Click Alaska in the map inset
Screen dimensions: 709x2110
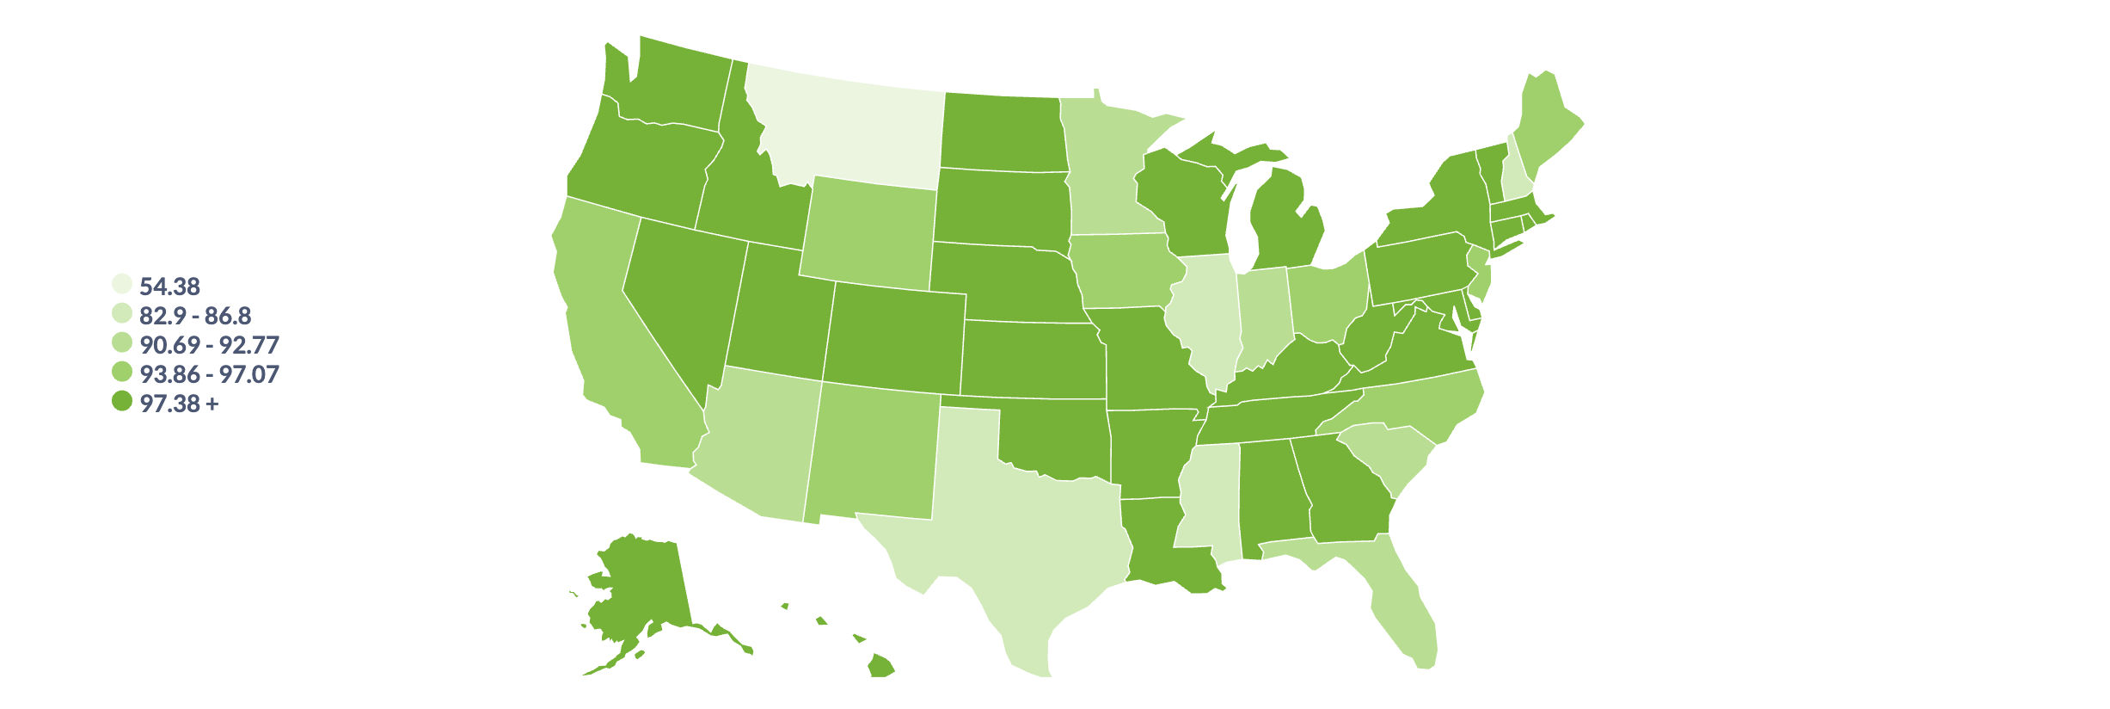pyautogui.click(x=645, y=594)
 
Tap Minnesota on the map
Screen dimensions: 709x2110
pyautogui.click(x=1105, y=181)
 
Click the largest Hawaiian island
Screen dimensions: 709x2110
pyautogui.click(x=880, y=666)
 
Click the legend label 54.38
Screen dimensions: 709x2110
pyautogui.click(x=169, y=286)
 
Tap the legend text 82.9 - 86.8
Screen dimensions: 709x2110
pyautogui.click(x=195, y=315)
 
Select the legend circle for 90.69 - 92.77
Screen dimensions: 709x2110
pyautogui.click(x=122, y=343)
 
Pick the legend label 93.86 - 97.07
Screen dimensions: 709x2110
pyautogui.click(x=209, y=373)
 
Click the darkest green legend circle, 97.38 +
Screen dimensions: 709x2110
pyautogui.click(x=122, y=402)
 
